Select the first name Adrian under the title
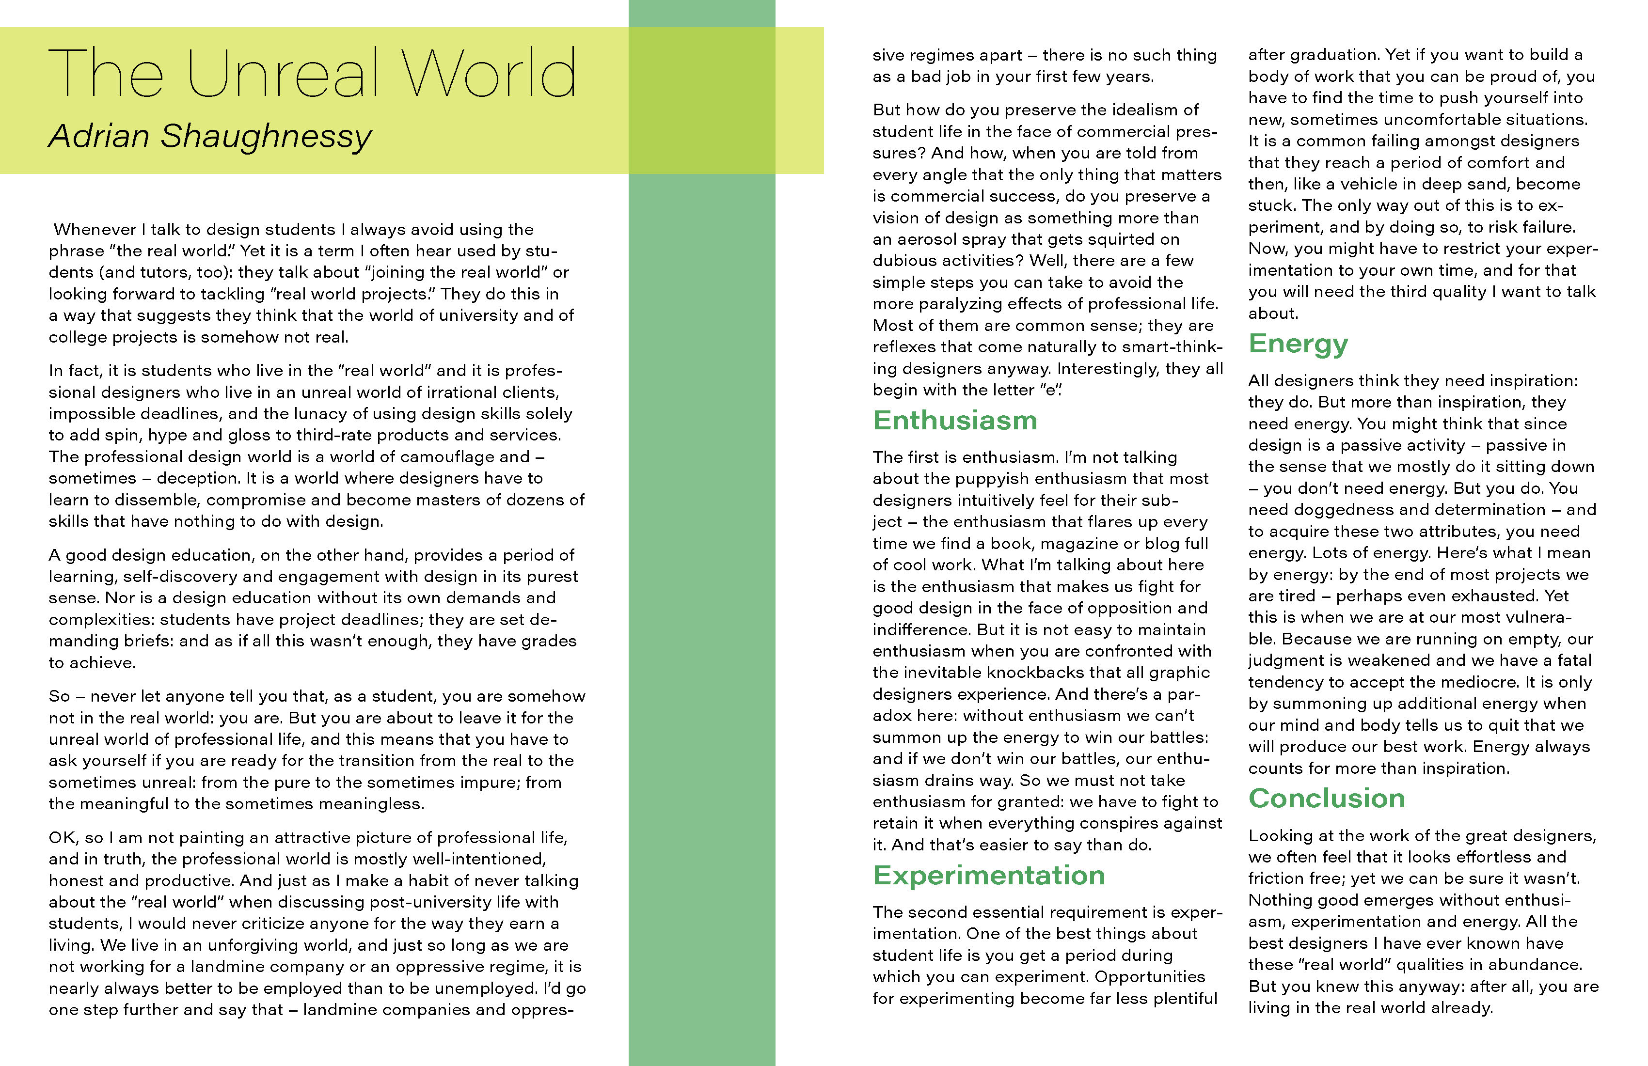[99, 136]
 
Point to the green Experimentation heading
[989, 876]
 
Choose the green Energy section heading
[1299, 344]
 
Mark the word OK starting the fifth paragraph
[63, 838]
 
